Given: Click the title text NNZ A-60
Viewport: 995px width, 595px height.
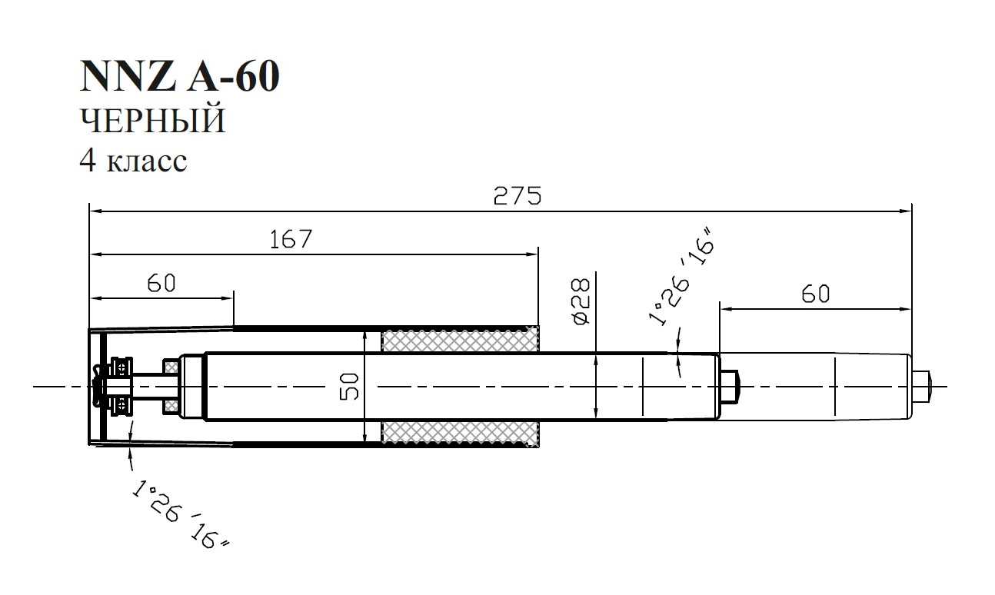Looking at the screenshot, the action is click(x=179, y=76).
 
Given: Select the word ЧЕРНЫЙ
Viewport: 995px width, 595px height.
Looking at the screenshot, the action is click(x=153, y=120).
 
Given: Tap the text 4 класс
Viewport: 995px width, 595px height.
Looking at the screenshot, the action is click(x=133, y=161).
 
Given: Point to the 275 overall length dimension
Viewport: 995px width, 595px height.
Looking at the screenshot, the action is click(x=517, y=196).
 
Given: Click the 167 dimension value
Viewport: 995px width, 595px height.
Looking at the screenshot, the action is click(x=291, y=239).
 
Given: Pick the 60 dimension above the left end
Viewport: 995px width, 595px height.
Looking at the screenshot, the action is click(x=161, y=283).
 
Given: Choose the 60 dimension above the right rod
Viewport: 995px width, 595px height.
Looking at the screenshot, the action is click(x=816, y=294).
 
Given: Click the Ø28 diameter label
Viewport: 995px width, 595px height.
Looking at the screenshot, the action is click(x=581, y=301).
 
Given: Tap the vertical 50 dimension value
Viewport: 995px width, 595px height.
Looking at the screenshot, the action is click(x=349, y=387).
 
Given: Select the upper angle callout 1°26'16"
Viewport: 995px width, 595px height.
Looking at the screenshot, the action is click(x=681, y=277).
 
